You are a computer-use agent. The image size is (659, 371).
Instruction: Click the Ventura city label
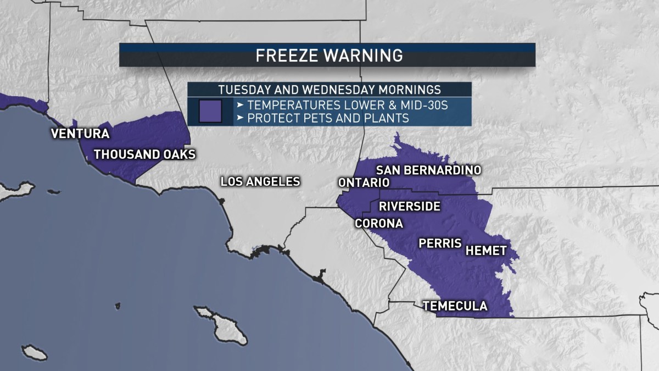tap(80, 134)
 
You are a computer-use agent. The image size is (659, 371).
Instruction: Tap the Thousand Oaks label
tap(145, 154)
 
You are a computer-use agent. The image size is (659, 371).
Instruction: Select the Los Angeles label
tap(260, 181)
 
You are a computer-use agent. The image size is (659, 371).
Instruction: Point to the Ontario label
tap(364, 182)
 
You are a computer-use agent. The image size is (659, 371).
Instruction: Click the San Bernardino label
tap(429, 170)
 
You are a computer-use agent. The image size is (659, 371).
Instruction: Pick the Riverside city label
tap(410, 207)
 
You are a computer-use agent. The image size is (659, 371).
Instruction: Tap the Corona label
tap(379, 224)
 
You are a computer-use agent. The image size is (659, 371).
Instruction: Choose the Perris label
tap(440, 243)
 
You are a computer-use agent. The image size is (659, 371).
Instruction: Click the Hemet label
tap(485, 251)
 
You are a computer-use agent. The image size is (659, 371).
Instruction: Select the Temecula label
tap(455, 306)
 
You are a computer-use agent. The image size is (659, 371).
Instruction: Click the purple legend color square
tap(210, 112)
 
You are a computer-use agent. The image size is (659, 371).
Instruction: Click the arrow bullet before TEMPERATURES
tap(240, 105)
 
